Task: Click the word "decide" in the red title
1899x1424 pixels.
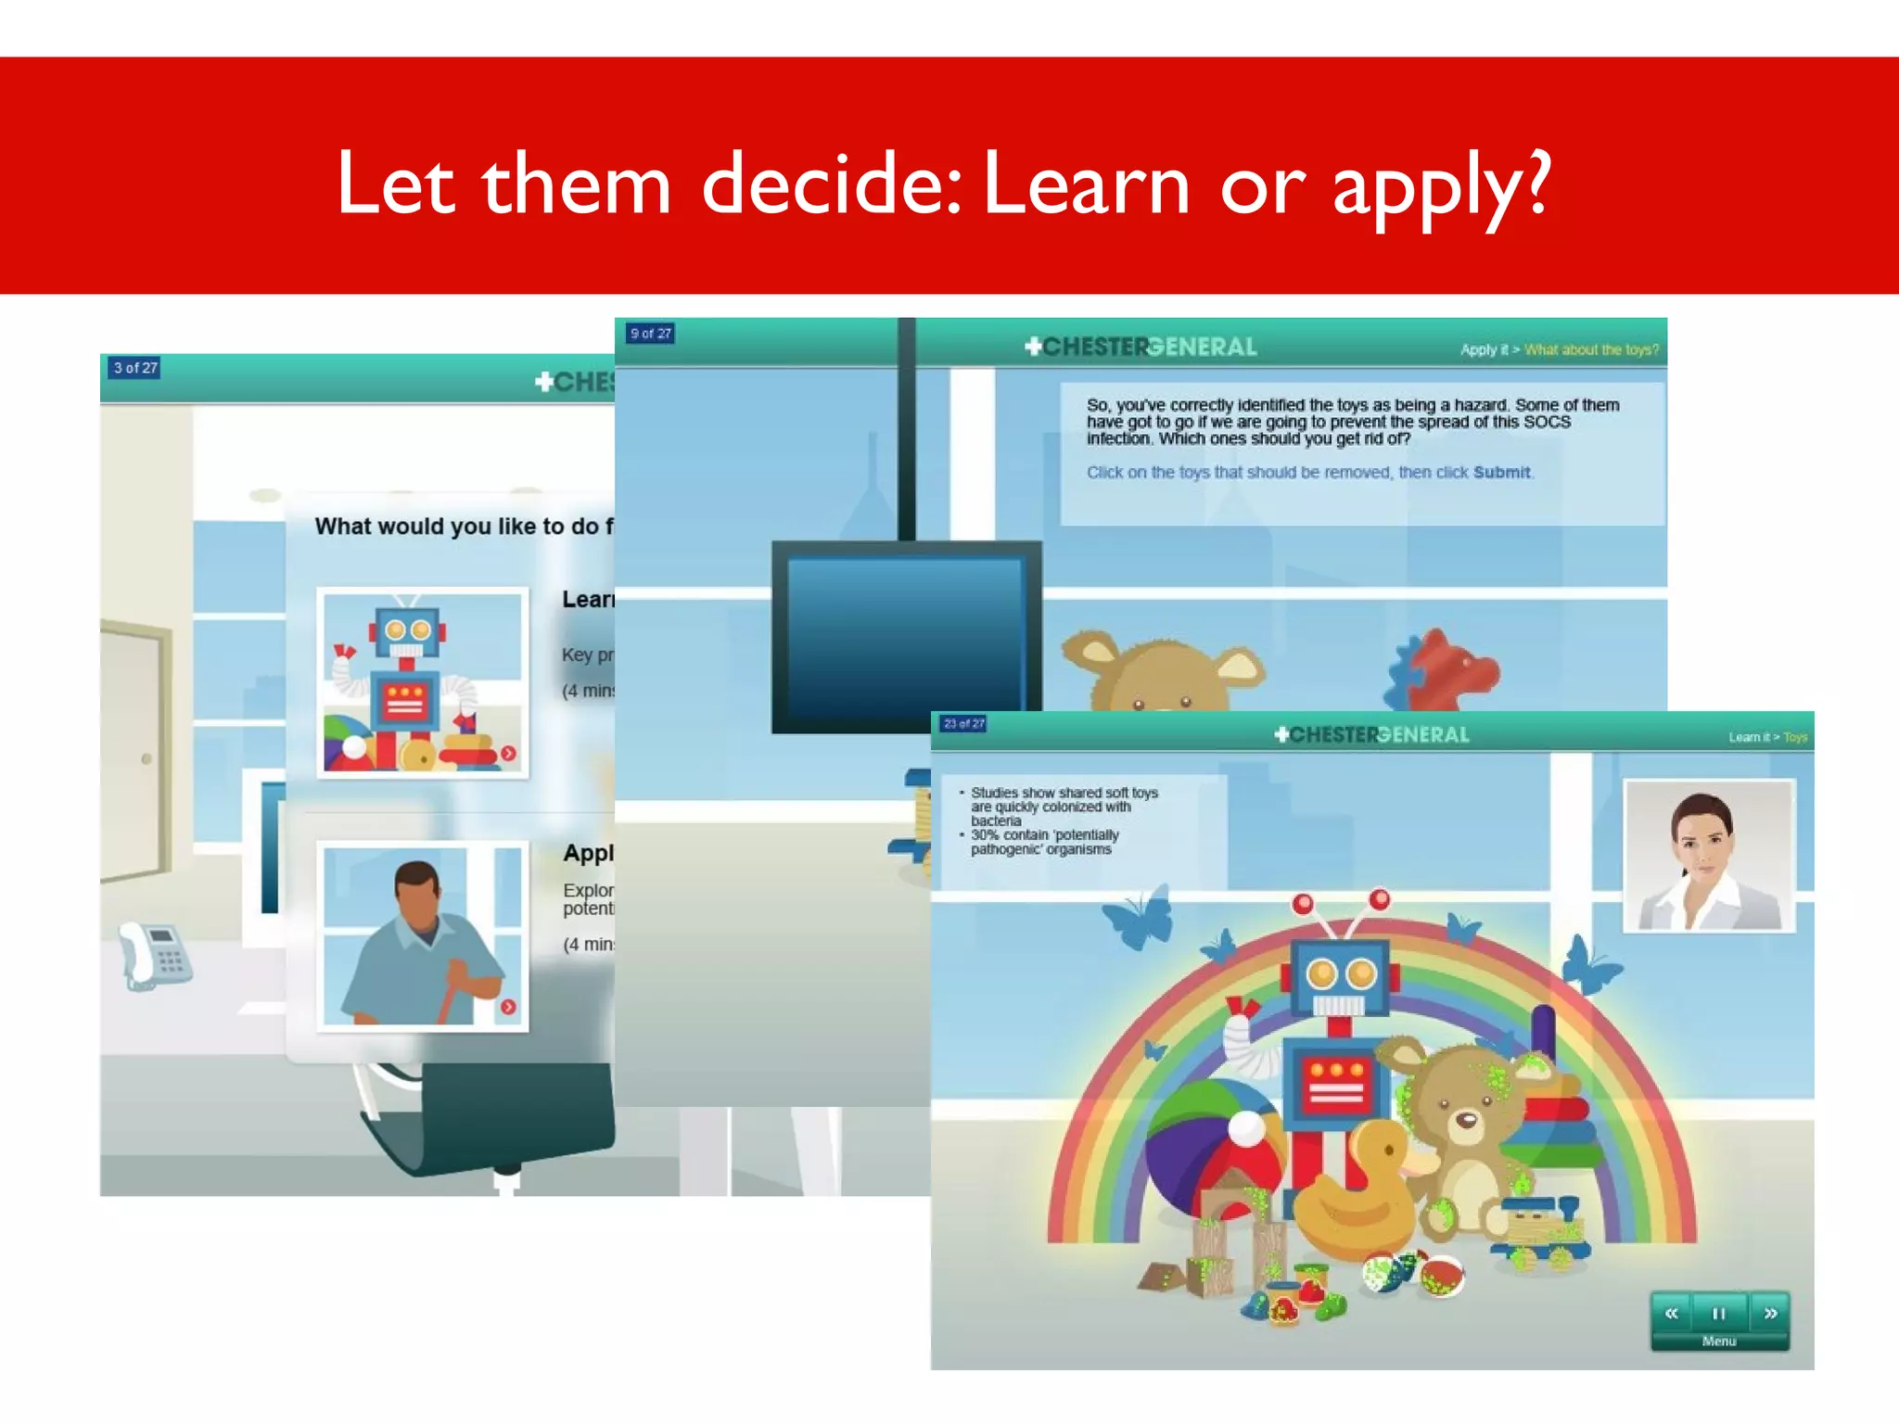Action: click(x=830, y=184)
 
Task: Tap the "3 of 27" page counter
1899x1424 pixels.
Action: click(x=135, y=368)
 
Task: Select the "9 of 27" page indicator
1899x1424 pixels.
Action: click(x=650, y=334)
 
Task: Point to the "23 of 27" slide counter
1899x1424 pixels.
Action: click(x=963, y=723)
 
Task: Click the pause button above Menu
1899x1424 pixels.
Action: click(x=1718, y=1313)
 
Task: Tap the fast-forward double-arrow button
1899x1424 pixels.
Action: click(x=1769, y=1313)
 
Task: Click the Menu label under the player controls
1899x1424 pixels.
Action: click(x=1718, y=1341)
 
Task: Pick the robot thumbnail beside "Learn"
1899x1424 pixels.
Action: click(x=423, y=682)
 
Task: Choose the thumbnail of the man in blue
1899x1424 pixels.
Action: click(x=423, y=936)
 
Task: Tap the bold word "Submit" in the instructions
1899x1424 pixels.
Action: click(x=1501, y=472)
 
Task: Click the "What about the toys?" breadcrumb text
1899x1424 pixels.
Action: click(x=1591, y=350)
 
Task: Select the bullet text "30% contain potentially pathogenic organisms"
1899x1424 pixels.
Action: click(x=1043, y=842)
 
